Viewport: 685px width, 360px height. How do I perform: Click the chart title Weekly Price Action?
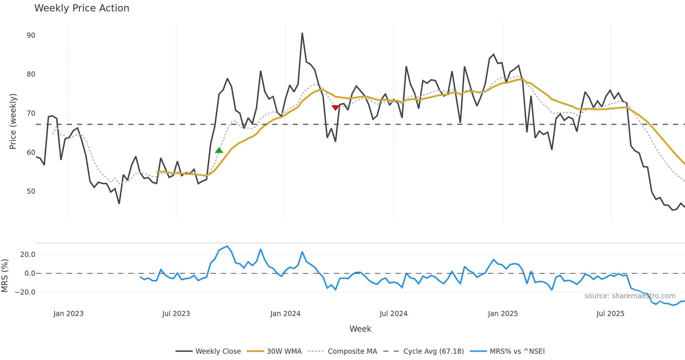pyautogui.click(x=82, y=8)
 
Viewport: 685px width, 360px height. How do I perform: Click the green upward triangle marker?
pyautogui.click(x=219, y=150)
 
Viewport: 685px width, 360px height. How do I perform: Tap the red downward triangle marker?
pyautogui.click(x=335, y=107)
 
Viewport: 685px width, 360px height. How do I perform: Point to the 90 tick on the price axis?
pyautogui.click(x=31, y=35)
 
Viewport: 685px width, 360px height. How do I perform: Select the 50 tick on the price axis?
pyautogui.click(x=31, y=191)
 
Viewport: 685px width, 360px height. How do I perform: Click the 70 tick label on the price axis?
pyautogui.click(x=31, y=113)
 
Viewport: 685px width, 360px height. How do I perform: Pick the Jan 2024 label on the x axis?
pyautogui.click(x=285, y=314)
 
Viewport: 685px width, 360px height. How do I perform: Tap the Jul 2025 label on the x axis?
pyautogui.click(x=610, y=314)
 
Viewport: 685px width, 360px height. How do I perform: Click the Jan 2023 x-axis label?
pyautogui.click(x=68, y=314)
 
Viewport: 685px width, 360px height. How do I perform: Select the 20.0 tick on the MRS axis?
pyautogui.click(x=28, y=255)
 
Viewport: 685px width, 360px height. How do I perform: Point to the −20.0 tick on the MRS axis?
pyautogui.click(x=25, y=292)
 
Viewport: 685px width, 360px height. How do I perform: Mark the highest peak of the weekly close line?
pyautogui.click(x=302, y=33)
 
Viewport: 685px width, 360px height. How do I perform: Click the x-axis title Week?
pyautogui.click(x=360, y=329)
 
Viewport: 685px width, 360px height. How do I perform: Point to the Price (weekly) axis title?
pyautogui.click(x=13, y=121)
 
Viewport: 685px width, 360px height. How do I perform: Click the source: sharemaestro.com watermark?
pyautogui.click(x=630, y=296)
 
